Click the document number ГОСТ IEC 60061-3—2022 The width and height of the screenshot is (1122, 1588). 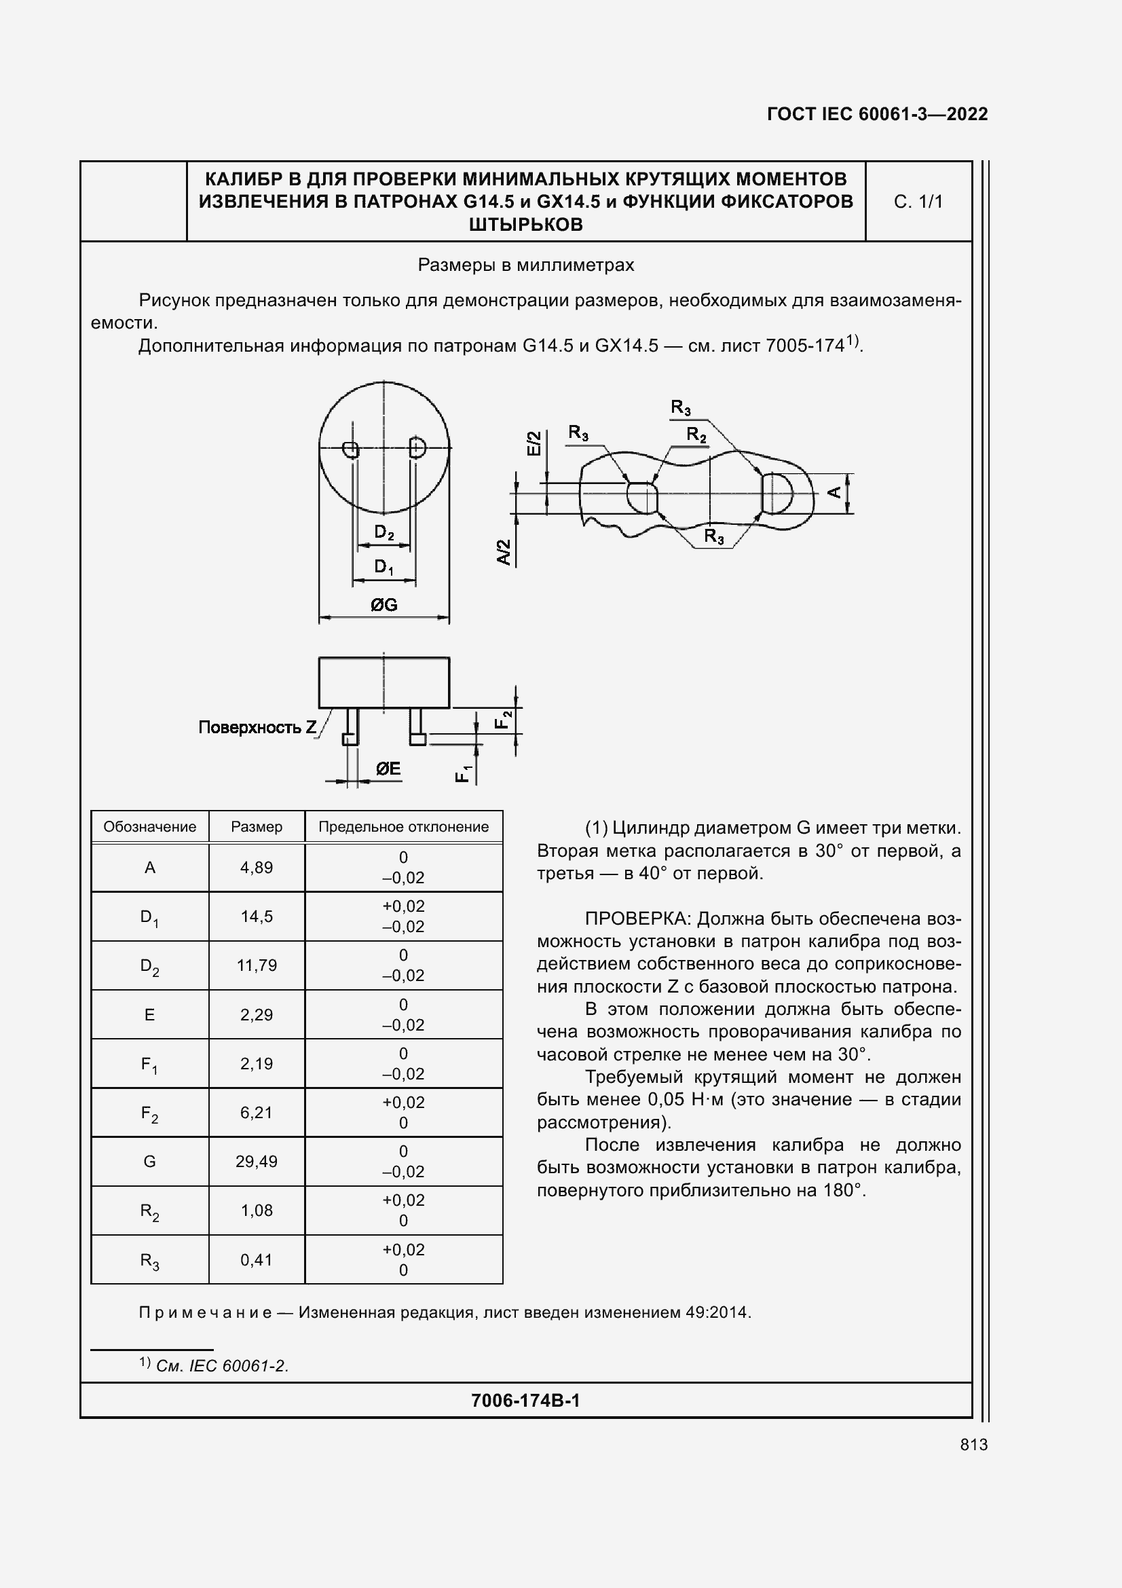pos(876,114)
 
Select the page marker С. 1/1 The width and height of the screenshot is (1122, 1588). pos(918,202)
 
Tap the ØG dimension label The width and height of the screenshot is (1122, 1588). pos(384,605)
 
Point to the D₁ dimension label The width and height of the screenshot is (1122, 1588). pos(384,567)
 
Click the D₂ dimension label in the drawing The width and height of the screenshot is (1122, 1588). pos(384,532)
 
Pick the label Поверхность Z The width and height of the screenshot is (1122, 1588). pos(257,727)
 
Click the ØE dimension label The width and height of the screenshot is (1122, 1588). pos(388,769)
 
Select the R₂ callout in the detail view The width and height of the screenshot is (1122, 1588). pos(696,435)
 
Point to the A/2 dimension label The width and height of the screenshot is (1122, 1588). pos(504,552)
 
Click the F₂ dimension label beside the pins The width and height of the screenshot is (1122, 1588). pos(503,719)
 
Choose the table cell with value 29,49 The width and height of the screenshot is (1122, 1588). pos(257,1161)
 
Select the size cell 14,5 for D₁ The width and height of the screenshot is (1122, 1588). pos(257,917)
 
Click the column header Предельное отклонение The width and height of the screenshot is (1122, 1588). pos(403,826)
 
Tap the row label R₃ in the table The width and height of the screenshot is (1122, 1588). pos(149,1260)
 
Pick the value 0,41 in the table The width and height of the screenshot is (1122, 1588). pos(257,1260)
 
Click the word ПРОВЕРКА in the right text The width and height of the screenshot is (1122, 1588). pos(637,919)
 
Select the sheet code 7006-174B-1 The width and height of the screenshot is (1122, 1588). pos(525,1401)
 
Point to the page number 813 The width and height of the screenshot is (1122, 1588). pos(973,1445)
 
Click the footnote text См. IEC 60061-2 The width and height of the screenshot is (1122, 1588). pos(222,1366)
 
